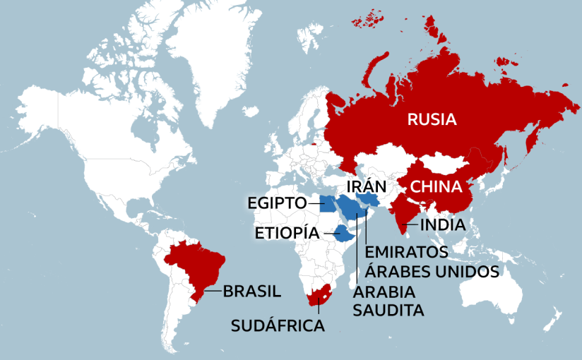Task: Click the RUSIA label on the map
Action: click(432, 119)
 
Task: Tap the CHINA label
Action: click(436, 187)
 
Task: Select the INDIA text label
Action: click(443, 225)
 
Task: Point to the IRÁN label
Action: click(366, 186)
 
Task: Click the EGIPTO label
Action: click(276, 203)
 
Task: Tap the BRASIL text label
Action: click(251, 290)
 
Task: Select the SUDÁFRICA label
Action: click(278, 325)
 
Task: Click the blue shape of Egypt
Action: click(326, 205)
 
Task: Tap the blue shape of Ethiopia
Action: click(341, 232)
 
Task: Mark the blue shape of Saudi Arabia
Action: click(350, 208)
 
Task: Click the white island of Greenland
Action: click(205, 56)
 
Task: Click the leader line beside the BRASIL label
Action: click(213, 290)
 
